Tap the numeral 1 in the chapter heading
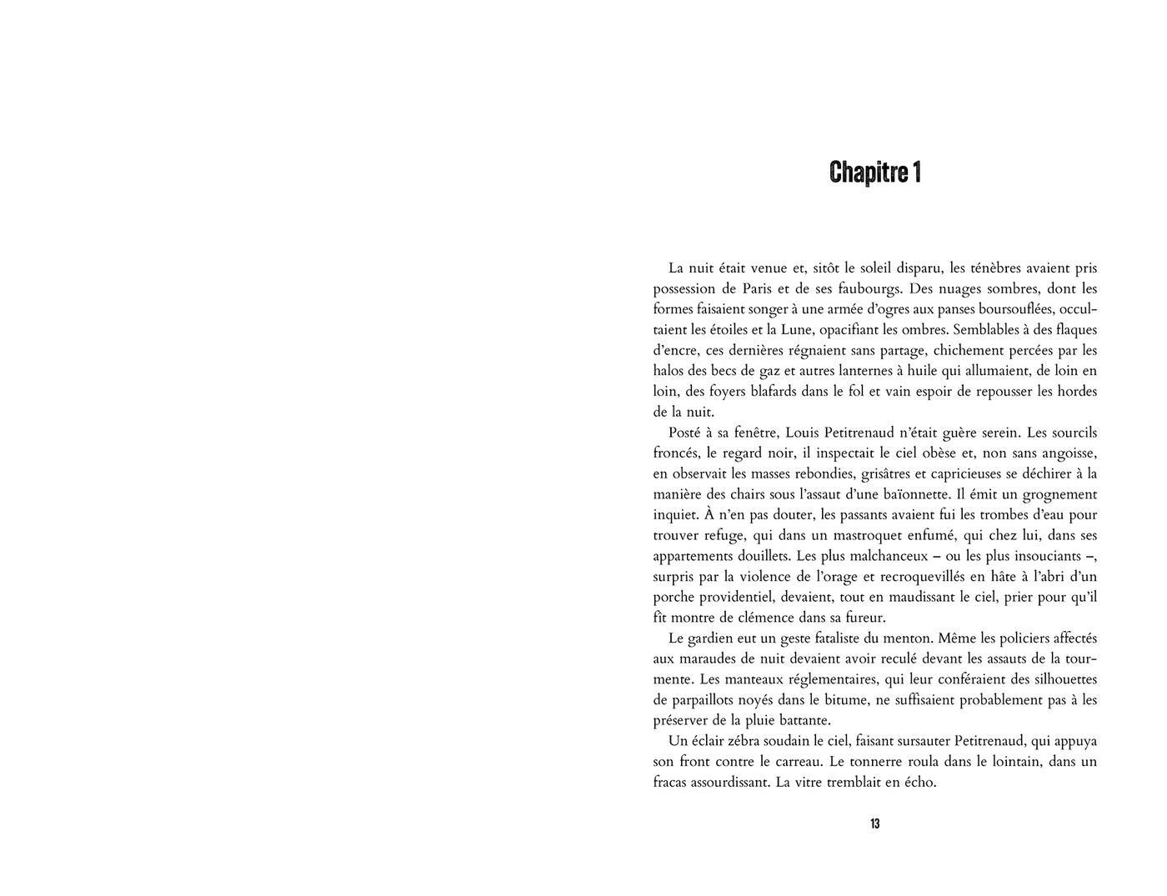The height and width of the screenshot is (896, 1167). [916, 173]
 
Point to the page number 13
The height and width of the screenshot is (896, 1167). [874, 823]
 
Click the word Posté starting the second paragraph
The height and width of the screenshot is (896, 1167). [687, 433]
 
